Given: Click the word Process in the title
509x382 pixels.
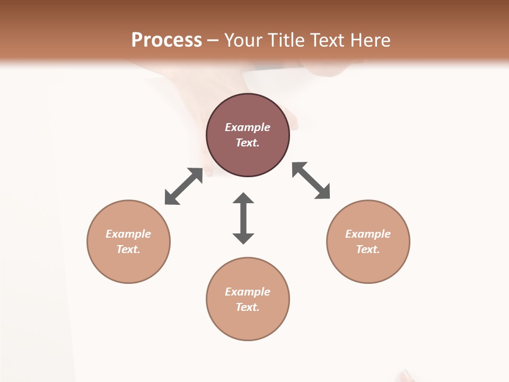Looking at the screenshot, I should [x=166, y=40].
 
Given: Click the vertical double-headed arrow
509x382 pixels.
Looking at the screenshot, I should [x=243, y=218].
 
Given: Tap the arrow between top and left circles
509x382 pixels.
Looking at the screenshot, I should [x=183, y=186].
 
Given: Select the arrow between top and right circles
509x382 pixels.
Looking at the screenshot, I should [x=311, y=180].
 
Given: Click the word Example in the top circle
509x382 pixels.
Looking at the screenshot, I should [x=248, y=127].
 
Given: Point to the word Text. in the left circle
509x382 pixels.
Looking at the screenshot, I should [x=128, y=249].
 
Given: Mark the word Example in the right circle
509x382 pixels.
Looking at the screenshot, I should [x=368, y=234].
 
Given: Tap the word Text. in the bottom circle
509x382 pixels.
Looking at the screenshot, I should [x=248, y=307].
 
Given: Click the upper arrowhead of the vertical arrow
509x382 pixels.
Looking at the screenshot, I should [x=243, y=198].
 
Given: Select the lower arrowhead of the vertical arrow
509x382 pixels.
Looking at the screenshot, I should [x=243, y=238].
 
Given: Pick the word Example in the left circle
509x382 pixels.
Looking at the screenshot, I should [x=128, y=234].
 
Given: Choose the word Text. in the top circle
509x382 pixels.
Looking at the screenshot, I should [x=248, y=143].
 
